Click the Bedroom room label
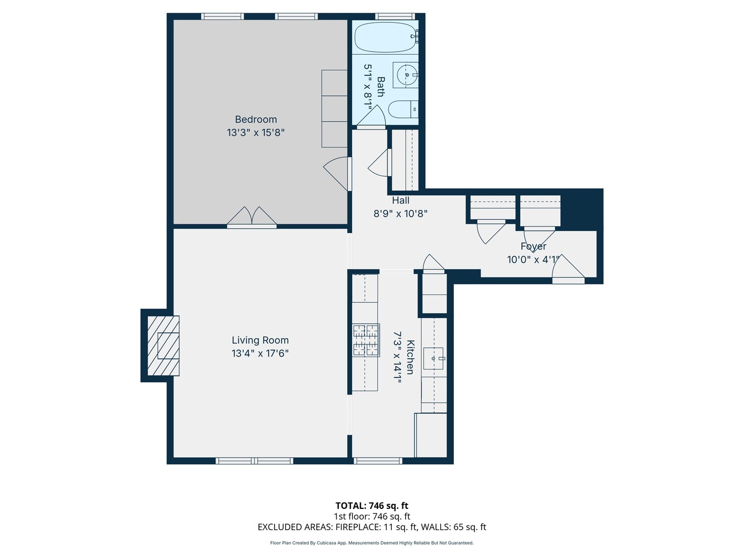coord(256,119)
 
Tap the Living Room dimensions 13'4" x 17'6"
coord(260,353)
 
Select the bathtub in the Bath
coord(385,37)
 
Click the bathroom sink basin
coord(407,74)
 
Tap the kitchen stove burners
coord(366,340)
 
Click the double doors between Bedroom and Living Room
coord(252,218)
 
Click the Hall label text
coord(400,200)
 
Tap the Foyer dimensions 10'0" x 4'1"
coord(533,259)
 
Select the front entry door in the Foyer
coord(568,269)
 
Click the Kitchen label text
coord(410,357)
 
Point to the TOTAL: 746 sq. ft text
coord(372,506)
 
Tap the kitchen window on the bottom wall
coord(378,461)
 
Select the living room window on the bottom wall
coord(255,461)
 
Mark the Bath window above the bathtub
coord(395,16)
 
